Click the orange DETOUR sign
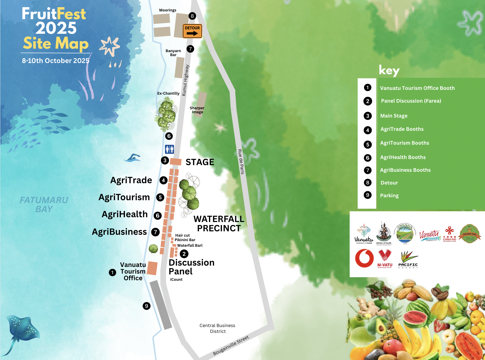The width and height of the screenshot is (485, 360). pos(192,31)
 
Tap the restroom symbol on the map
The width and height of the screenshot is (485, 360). pos(169,149)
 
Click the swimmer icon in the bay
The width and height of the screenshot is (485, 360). pos(132,158)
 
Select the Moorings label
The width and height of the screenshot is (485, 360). pos(168,10)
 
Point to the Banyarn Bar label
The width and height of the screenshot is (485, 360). pos(173,53)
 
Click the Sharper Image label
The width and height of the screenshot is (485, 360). pos(197,110)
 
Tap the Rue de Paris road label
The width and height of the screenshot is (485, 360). pos(241,162)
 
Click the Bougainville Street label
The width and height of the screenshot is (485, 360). pos(231,345)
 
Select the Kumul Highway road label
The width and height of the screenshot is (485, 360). pos(186,80)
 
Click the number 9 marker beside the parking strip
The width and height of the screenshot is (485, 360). pos(147,306)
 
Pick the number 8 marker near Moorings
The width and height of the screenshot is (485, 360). pos(192,16)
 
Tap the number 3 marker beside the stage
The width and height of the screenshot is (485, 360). pos(165,160)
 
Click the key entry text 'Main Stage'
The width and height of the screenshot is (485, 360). pos(394,116)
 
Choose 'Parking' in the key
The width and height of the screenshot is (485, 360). pos(389,195)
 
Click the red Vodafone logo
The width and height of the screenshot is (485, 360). pos(364,258)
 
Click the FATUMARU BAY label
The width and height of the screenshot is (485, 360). pos(44,204)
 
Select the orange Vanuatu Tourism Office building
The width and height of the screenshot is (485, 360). pos(152,268)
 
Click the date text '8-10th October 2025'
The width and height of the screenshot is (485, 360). pos(56,61)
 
